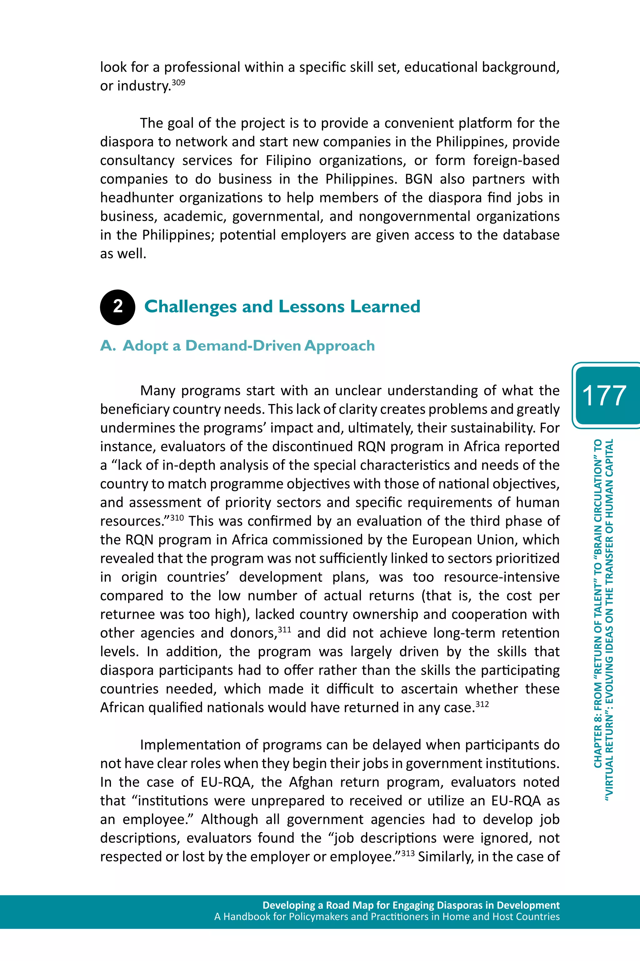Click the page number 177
click(604, 396)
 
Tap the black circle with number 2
click(117, 307)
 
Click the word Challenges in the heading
click(190, 307)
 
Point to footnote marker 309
click(178, 83)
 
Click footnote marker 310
click(177, 518)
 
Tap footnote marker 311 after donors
click(284, 630)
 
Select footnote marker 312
click(482, 704)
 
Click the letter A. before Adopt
click(108, 346)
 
